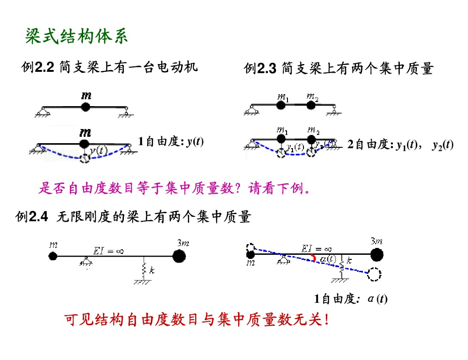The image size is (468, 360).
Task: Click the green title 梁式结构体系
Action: pos(76,37)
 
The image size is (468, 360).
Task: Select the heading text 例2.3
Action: pos(261,69)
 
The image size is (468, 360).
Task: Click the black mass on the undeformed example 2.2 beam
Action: pos(85,107)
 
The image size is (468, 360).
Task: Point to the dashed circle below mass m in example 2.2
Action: pos(85,158)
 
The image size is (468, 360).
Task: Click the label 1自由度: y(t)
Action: pos(171,142)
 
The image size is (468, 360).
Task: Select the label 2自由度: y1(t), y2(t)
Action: pos(400,145)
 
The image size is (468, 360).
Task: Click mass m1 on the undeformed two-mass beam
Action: pos(282,105)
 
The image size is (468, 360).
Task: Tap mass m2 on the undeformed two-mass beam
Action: pos(311,105)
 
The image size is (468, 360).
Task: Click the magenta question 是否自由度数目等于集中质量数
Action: pos(174,188)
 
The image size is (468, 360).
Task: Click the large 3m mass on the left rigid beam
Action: pos(180,255)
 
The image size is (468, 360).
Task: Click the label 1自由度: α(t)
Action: pos(351,299)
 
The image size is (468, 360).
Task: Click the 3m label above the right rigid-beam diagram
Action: pos(376,241)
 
